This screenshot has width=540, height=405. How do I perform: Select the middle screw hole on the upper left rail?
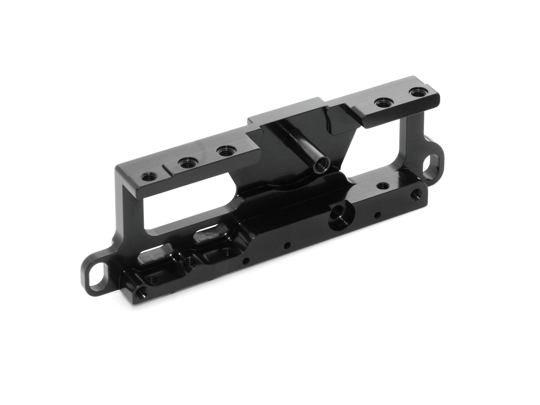(x=185, y=163)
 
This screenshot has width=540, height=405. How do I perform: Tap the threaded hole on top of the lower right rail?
(x=381, y=185)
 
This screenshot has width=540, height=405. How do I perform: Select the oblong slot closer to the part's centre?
(x=209, y=234)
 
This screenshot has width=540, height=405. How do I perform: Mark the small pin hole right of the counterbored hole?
(x=378, y=215)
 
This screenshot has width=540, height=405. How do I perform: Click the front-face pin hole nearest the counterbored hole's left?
(x=287, y=245)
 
